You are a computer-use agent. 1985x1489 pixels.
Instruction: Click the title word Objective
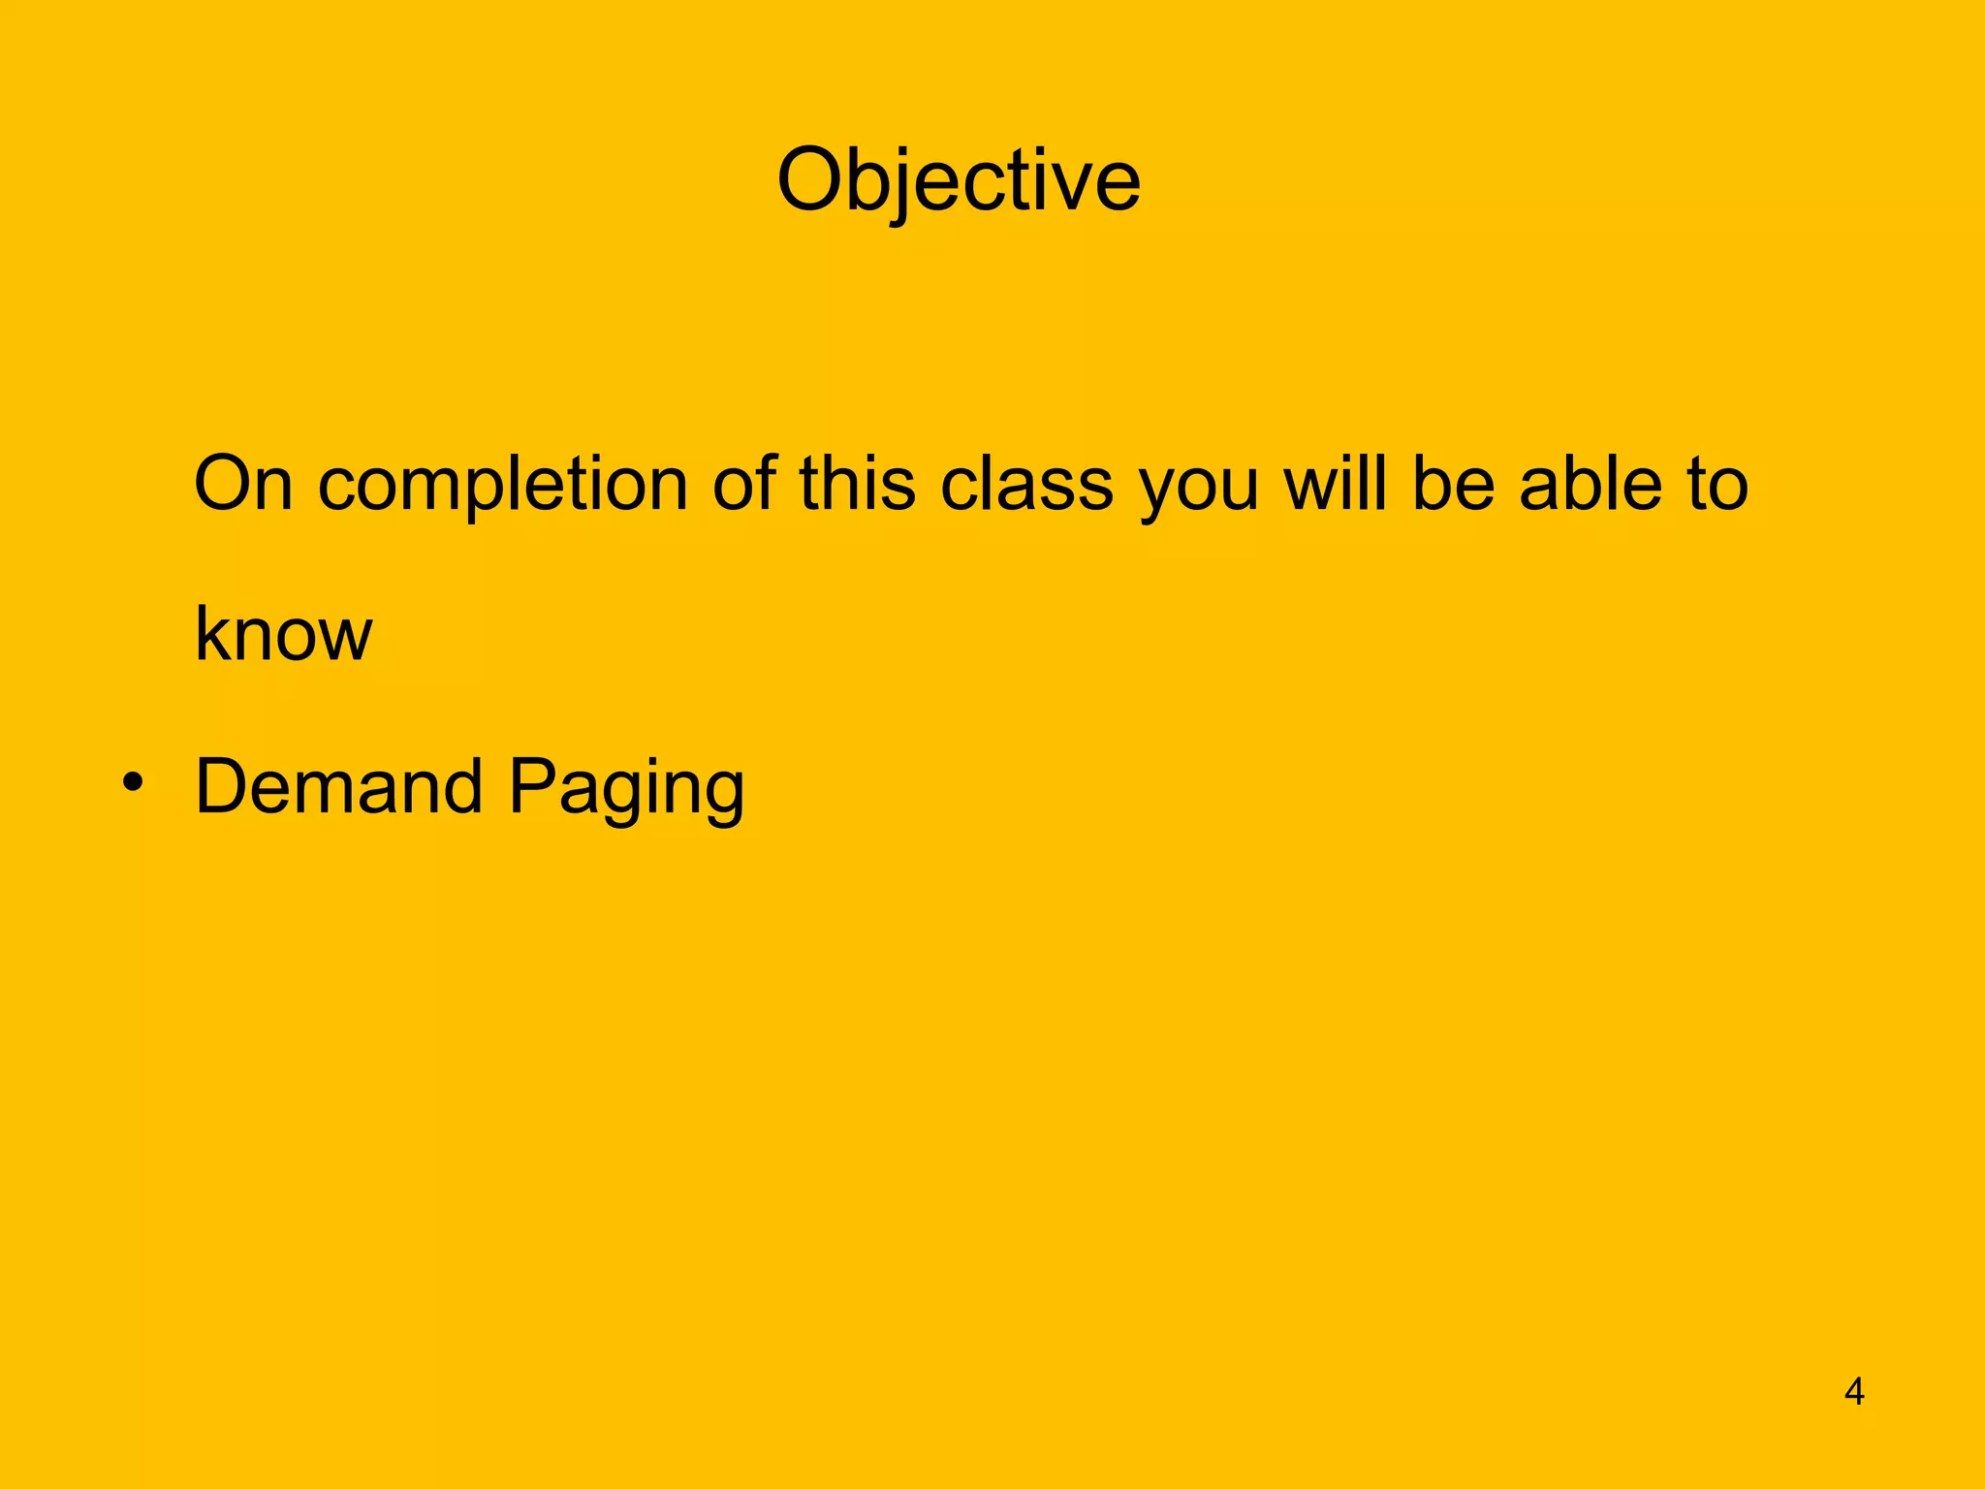point(959,181)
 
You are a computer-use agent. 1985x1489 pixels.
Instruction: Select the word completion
point(502,485)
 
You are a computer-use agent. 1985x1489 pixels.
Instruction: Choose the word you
point(1199,490)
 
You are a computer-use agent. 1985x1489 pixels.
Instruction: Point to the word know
point(283,634)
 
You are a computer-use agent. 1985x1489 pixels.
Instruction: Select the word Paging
point(626,790)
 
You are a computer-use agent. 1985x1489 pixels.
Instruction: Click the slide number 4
point(1853,1392)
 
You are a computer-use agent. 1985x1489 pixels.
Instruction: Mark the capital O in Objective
point(813,181)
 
